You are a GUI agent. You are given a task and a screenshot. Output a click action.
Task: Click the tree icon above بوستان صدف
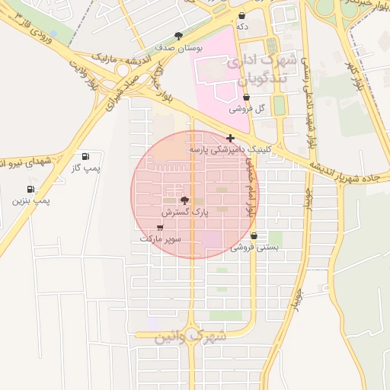pyautogui.click(x=179, y=36)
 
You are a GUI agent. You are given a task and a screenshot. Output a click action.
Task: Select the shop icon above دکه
pyautogui.click(x=242, y=15)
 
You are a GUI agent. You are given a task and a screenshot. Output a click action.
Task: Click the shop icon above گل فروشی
pyautogui.click(x=246, y=97)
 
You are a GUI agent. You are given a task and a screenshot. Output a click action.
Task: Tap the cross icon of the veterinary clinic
pyautogui.click(x=231, y=138)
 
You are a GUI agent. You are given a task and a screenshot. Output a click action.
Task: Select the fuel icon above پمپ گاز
pyautogui.click(x=84, y=156)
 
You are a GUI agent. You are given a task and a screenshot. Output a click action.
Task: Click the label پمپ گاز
pyautogui.click(x=86, y=168)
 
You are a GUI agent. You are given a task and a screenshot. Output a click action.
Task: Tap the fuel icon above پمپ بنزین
pyautogui.click(x=30, y=189)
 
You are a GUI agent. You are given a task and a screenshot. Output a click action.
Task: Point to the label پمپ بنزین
pyautogui.click(x=30, y=200)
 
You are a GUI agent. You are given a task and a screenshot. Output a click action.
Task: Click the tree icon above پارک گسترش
pyautogui.click(x=184, y=200)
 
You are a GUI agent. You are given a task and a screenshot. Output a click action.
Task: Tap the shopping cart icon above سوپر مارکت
pyautogui.click(x=160, y=227)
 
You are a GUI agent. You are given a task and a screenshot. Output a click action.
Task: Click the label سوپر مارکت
pyautogui.click(x=160, y=238)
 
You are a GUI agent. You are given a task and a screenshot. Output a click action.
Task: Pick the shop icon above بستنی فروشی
pyautogui.click(x=254, y=236)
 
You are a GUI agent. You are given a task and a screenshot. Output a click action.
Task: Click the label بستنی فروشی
pyautogui.click(x=255, y=247)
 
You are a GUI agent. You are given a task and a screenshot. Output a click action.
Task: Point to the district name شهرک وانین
pyautogui.click(x=190, y=336)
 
